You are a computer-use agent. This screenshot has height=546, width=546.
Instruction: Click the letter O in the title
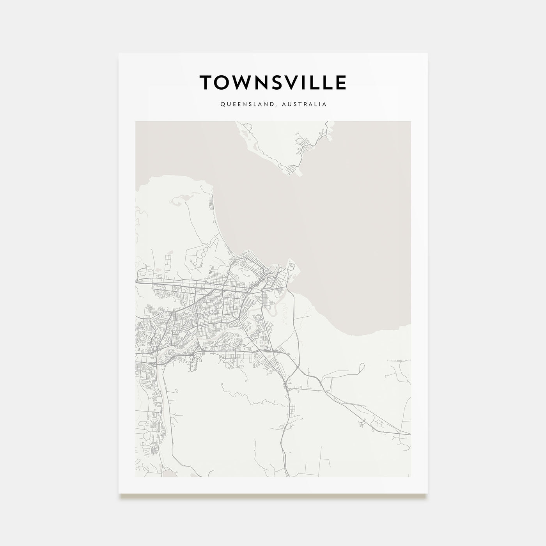(224, 83)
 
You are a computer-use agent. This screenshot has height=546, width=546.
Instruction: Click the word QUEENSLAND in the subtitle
(243, 105)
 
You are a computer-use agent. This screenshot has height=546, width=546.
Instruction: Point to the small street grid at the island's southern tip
(292, 169)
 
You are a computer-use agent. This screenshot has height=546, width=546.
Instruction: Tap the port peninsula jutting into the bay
(292, 269)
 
